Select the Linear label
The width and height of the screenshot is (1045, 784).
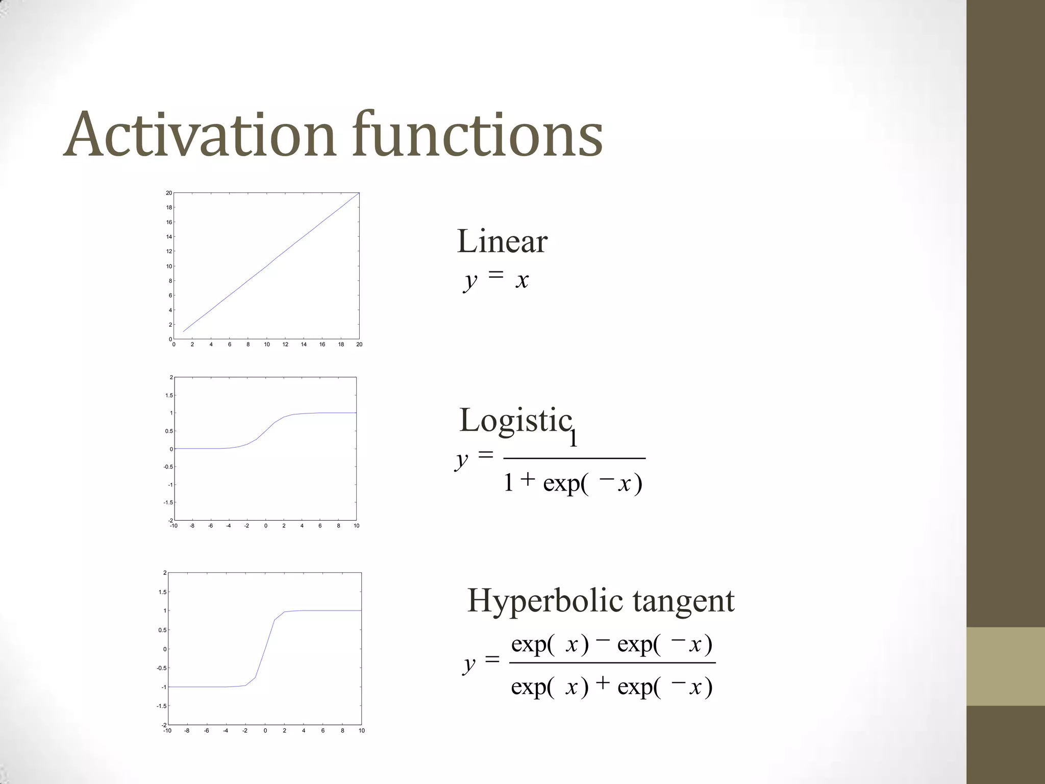[502, 241]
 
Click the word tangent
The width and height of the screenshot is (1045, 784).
[684, 601]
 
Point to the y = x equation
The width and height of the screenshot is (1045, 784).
[496, 279]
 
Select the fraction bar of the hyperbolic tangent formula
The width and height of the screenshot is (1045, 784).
[612, 663]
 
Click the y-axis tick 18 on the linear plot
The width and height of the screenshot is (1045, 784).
[169, 208]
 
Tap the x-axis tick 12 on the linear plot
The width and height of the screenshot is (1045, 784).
[285, 345]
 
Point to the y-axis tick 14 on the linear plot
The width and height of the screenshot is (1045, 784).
[169, 237]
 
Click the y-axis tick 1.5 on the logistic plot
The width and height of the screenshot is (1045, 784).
[169, 396]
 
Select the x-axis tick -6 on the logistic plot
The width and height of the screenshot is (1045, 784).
[210, 526]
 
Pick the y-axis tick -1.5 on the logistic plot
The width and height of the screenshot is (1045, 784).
[168, 503]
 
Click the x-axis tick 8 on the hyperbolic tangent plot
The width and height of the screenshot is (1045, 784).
[342, 731]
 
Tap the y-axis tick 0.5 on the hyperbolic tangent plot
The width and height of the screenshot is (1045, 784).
[162, 630]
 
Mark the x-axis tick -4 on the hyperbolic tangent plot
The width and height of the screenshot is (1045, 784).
[226, 731]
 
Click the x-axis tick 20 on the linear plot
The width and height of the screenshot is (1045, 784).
[359, 345]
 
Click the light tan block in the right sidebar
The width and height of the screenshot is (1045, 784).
[1006, 666]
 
